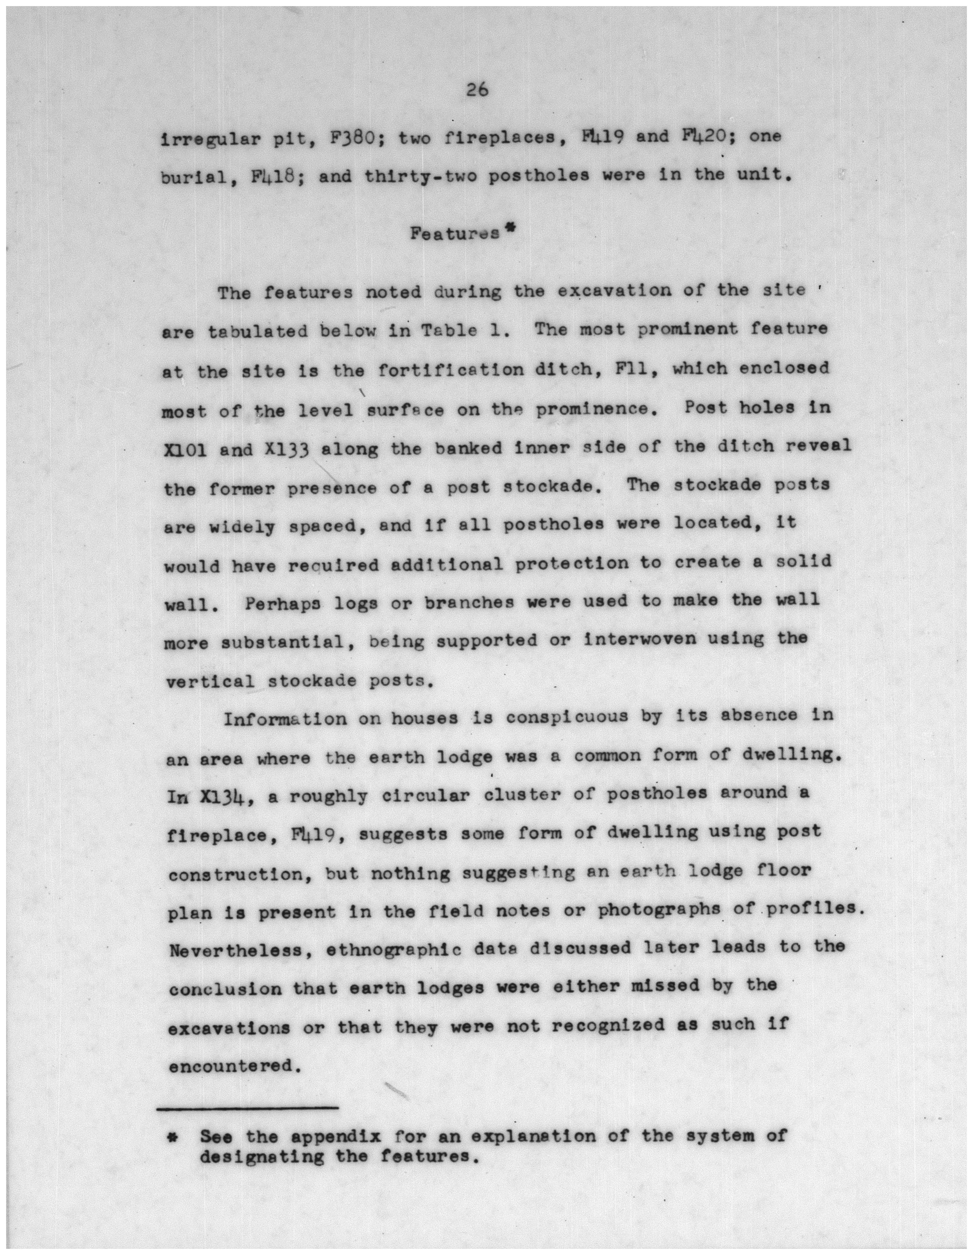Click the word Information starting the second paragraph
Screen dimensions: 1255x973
coord(285,719)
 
